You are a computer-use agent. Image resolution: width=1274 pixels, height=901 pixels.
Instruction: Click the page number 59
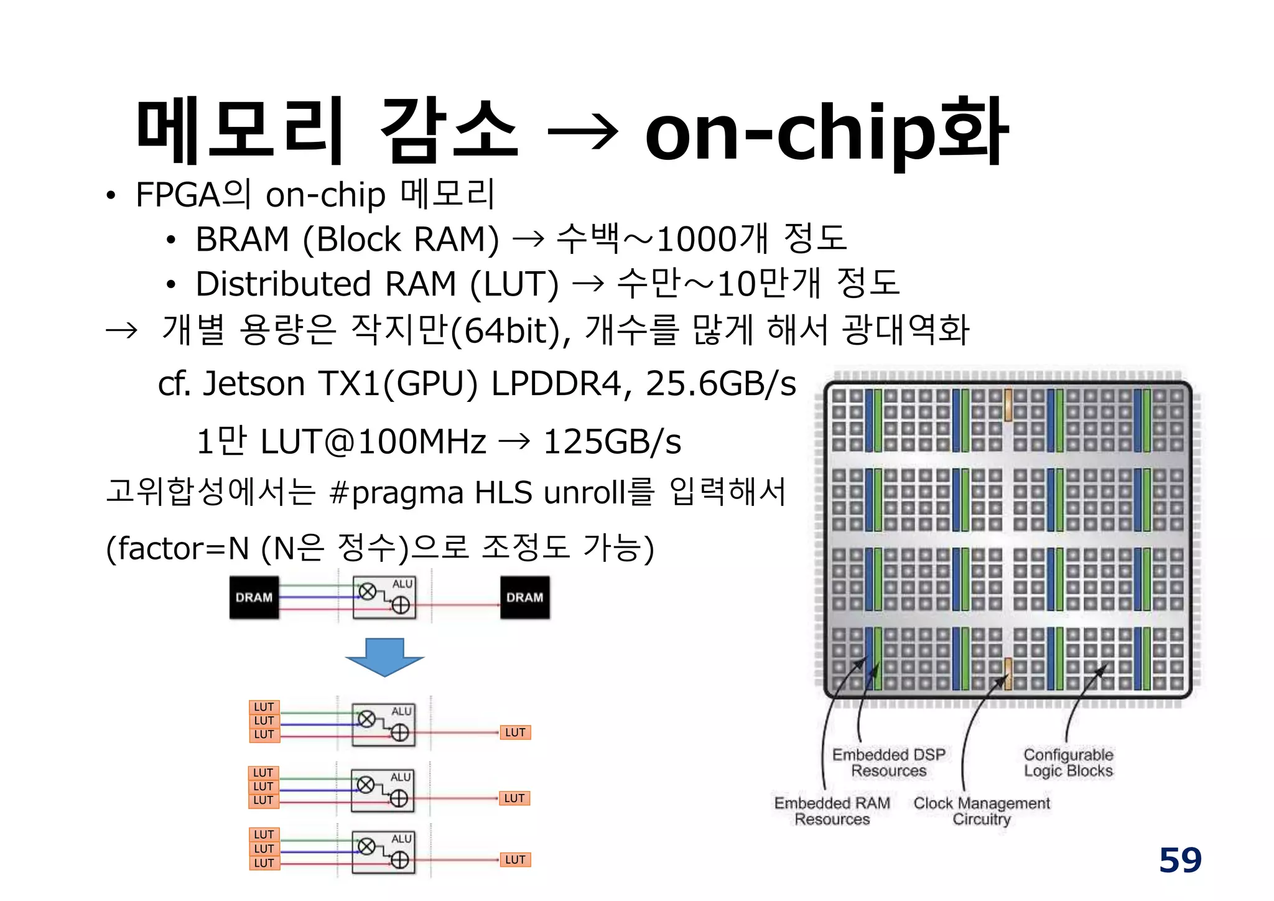coord(1179,861)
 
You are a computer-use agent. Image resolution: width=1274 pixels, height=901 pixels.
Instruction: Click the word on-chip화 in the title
coord(825,133)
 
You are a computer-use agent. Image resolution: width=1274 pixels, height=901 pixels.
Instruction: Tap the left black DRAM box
coord(254,597)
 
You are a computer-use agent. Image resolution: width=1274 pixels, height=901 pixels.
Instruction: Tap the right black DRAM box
coord(524,597)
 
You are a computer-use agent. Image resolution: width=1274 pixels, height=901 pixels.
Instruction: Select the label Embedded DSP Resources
coord(888,763)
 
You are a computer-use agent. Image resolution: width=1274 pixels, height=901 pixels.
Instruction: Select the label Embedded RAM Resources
coord(832,811)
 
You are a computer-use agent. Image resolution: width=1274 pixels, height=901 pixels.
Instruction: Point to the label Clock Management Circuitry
coord(981,811)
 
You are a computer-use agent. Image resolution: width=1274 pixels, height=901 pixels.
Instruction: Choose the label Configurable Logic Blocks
coord(1068,763)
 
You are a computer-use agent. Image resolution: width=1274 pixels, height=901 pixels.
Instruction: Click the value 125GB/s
coord(612,442)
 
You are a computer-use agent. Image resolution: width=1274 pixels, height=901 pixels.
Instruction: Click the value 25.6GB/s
coord(720,384)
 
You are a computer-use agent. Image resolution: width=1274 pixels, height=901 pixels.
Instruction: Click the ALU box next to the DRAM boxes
coord(384,597)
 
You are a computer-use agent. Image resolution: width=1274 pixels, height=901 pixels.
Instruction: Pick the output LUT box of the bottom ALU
coord(515,860)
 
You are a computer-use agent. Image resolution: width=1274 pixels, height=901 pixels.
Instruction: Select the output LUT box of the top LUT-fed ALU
coord(515,732)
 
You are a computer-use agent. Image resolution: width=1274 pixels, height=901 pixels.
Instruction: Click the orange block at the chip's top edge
coord(1008,404)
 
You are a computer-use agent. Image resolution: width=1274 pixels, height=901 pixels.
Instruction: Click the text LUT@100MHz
coord(373,442)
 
